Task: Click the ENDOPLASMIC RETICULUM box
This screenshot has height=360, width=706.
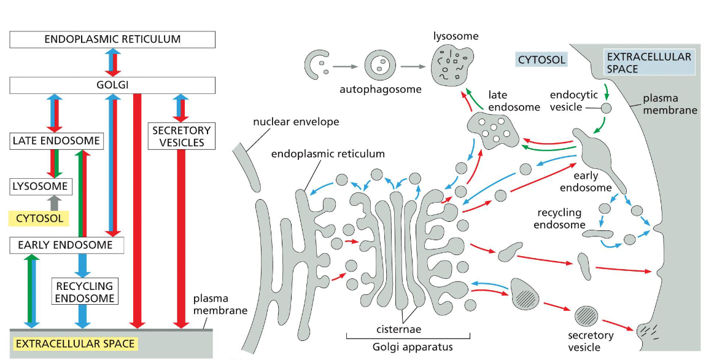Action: tap(112, 39)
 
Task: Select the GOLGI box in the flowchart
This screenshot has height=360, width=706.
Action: tap(112, 85)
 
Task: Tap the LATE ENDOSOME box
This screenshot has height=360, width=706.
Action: tap(56, 141)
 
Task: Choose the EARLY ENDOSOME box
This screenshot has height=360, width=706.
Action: tap(67, 245)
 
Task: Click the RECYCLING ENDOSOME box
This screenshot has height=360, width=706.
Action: tap(84, 292)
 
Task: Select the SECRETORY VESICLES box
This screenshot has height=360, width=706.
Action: tap(181, 136)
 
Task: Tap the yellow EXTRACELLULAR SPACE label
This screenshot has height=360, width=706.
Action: tap(74, 343)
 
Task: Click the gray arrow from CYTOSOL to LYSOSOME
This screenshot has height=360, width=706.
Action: tap(55, 202)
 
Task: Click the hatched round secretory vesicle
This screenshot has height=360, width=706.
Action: tap(586, 317)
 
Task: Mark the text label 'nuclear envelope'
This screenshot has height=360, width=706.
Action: tap(295, 122)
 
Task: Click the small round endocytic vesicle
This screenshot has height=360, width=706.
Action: tap(606, 108)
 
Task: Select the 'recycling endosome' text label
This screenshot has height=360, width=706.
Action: tap(559, 219)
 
